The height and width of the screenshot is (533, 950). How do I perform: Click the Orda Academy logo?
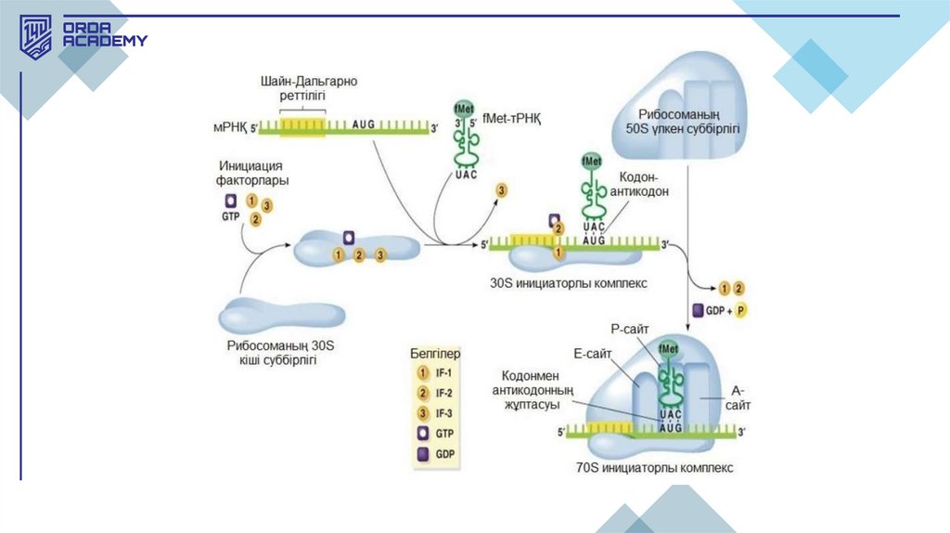pyautogui.click(x=83, y=37)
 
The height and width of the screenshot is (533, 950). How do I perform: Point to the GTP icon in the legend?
pyautogui.click(x=418, y=433)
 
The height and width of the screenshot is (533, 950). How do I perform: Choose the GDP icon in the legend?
pyautogui.click(x=418, y=454)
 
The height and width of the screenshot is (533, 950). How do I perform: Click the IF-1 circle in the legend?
pyautogui.click(x=418, y=371)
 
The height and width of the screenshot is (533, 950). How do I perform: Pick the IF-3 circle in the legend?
pyautogui.click(x=418, y=412)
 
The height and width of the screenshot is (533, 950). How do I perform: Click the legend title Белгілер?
pyautogui.click(x=435, y=353)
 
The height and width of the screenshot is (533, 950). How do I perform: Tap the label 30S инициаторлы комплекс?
pyautogui.click(x=568, y=281)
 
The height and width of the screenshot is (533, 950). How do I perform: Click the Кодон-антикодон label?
pyautogui.click(x=643, y=184)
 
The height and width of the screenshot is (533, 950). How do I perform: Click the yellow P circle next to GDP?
pyautogui.click(x=740, y=311)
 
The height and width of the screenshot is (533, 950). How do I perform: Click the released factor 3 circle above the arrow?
pyautogui.click(x=502, y=190)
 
